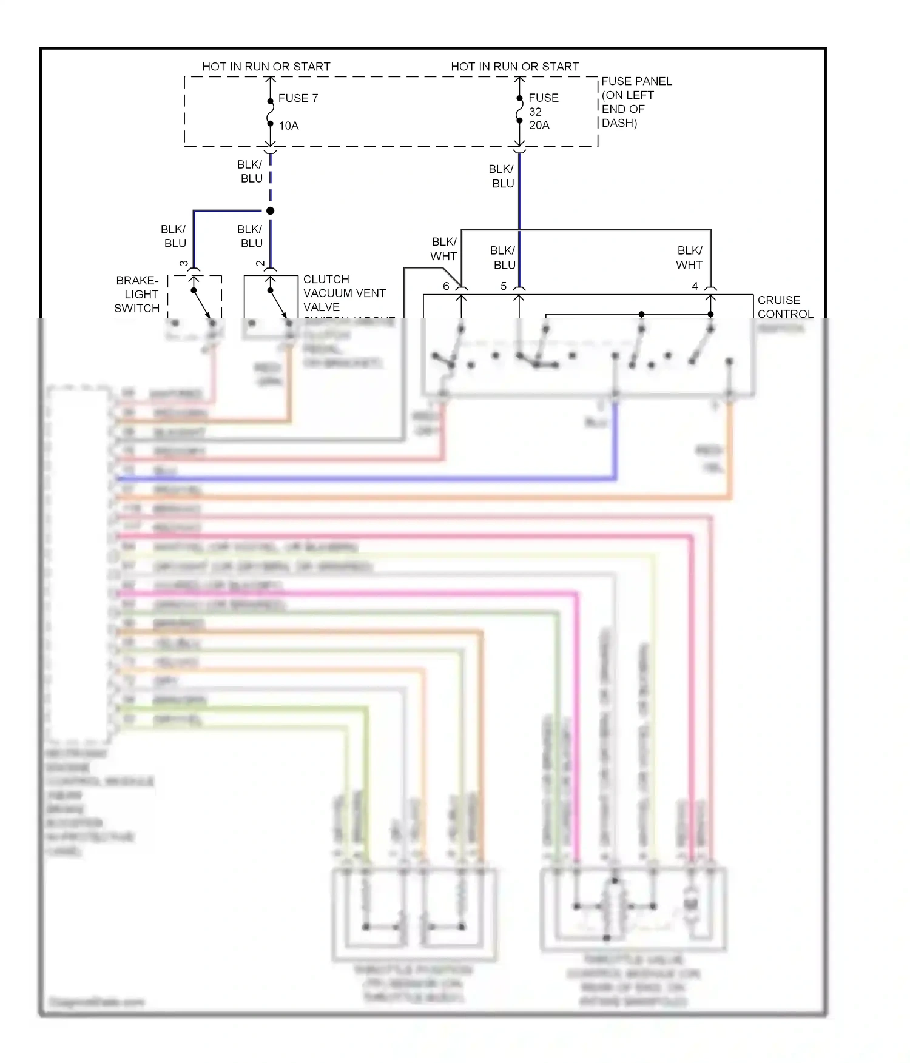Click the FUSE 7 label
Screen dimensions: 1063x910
click(x=298, y=98)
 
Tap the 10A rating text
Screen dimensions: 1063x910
click(x=289, y=126)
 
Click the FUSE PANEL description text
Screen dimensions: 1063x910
click(x=635, y=102)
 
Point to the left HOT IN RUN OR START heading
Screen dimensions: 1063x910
click(x=266, y=67)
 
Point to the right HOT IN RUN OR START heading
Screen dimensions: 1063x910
click(x=514, y=67)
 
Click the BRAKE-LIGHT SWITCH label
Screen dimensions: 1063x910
click(x=138, y=294)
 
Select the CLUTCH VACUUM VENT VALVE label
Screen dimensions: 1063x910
click(x=344, y=293)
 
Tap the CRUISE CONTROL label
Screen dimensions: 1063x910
click(x=784, y=307)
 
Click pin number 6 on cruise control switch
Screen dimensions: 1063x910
click(x=446, y=286)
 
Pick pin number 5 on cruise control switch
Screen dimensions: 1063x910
click(x=504, y=286)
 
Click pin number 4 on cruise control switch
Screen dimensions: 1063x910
click(x=695, y=286)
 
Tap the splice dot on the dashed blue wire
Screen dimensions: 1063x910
click(x=270, y=210)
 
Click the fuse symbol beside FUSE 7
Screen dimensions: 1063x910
click(x=270, y=112)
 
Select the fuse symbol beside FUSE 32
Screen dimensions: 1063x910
click(x=519, y=110)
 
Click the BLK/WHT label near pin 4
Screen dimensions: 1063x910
click(x=690, y=258)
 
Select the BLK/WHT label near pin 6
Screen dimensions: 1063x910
click(x=443, y=249)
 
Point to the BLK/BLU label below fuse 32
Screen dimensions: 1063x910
click(x=502, y=176)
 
